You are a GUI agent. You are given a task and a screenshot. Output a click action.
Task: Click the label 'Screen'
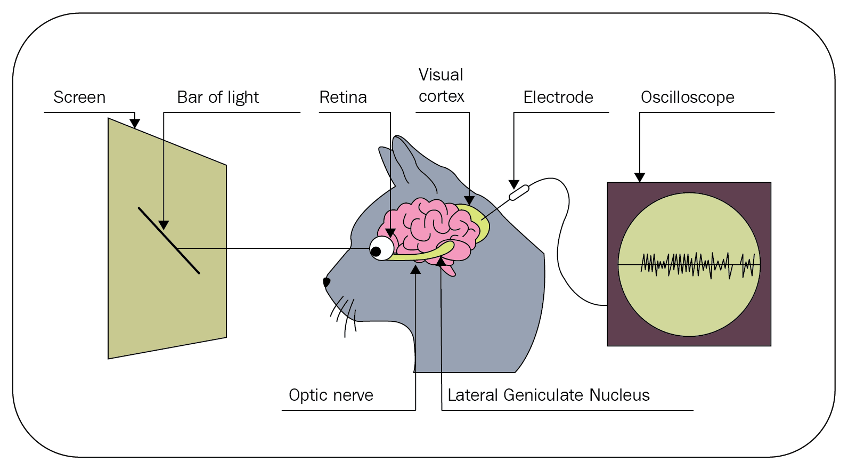click(x=79, y=98)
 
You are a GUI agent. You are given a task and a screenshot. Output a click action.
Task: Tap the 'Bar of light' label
click(x=218, y=98)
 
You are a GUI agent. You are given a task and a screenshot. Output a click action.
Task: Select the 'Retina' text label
click(x=343, y=98)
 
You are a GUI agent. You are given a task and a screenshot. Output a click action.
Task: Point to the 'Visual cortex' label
click(x=441, y=86)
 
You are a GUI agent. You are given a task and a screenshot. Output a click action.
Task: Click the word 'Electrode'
click(x=558, y=98)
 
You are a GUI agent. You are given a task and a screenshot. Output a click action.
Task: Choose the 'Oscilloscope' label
click(x=687, y=98)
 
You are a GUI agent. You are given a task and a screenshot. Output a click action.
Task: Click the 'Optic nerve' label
click(x=331, y=395)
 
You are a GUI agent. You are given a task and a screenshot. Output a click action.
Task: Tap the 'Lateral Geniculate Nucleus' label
click(x=548, y=395)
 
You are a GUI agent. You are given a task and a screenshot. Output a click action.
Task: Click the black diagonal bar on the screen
click(x=169, y=240)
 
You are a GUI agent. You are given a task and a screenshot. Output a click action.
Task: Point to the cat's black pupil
click(x=376, y=252)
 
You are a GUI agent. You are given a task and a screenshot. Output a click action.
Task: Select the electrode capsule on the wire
click(x=519, y=192)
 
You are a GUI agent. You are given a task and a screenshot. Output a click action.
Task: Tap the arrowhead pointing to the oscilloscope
click(x=640, y=178)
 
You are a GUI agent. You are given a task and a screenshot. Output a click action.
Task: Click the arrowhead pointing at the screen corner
click(x=135, y=124)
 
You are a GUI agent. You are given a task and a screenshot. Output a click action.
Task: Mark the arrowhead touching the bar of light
click(x=164, y=225)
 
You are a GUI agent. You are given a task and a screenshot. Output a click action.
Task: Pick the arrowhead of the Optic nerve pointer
click(x=415, y=270)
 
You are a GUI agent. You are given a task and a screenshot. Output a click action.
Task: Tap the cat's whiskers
click(x=344, y=314)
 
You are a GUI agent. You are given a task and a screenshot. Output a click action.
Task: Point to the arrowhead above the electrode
click(x=513, y=185)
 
